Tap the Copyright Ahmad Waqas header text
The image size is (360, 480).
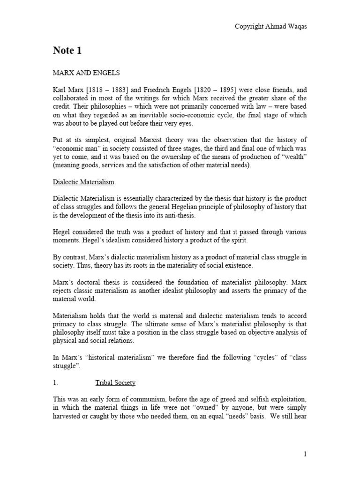coord(270,27)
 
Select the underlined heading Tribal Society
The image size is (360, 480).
coord(115,382)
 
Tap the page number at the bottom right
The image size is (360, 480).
coord(305,454)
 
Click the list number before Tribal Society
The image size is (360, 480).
coord(55,382)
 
